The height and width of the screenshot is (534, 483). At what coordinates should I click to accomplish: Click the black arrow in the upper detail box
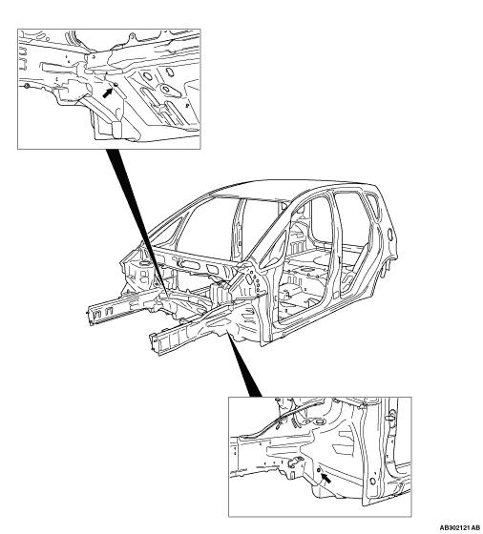pyautogui.click(x=108, y=92)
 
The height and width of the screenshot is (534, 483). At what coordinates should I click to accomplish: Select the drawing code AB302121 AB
pyautogui.click(x=459, y=527)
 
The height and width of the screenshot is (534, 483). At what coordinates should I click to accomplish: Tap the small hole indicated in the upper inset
pyautogui.click(x=115, y=84)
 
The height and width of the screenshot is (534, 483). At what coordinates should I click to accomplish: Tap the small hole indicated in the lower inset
pyautogui.click(x=319, y=471)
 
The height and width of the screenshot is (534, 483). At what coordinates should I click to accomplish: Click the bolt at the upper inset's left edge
pyautogui.click(x=27, y=86)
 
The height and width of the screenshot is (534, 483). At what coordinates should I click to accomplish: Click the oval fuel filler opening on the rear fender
pyautogui.click(x=390, y=234)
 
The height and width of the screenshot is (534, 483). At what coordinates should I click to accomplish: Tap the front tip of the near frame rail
pyautogui.click(x=155, y=344)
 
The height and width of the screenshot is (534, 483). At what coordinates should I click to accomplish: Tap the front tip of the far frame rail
pyautogui.click(x=91, y=315)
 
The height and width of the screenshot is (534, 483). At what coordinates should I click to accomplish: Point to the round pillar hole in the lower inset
pyautogui.click(x=372, y=482)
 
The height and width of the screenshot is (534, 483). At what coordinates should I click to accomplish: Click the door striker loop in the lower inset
pyautogui.click(x=389, y=418)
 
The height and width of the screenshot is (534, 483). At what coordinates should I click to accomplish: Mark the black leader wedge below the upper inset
pyautogui.click(x=136, y=221)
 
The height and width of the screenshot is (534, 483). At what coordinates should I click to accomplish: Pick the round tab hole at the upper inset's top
pyautogui.click(x=131, y=36)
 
